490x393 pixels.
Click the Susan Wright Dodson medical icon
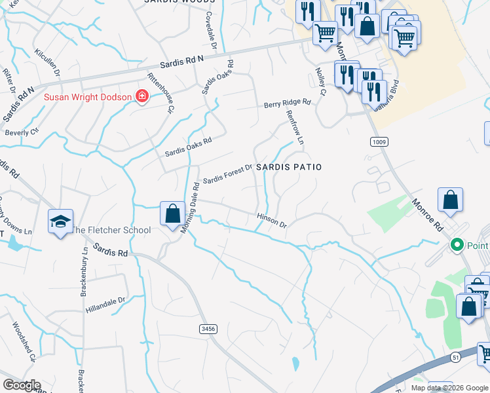(141, 98)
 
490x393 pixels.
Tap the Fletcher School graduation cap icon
(60, 221)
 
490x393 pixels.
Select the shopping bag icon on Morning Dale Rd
(172, 214)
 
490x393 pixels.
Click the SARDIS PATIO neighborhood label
(289, 168)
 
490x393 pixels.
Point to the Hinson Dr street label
(272, 220)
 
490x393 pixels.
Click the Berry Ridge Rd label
(287, 103)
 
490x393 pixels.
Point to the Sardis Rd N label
(182, 64)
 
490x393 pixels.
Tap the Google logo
(22, 385)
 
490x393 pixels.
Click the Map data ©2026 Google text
(449, 388)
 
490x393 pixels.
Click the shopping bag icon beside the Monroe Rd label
(450, 200)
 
